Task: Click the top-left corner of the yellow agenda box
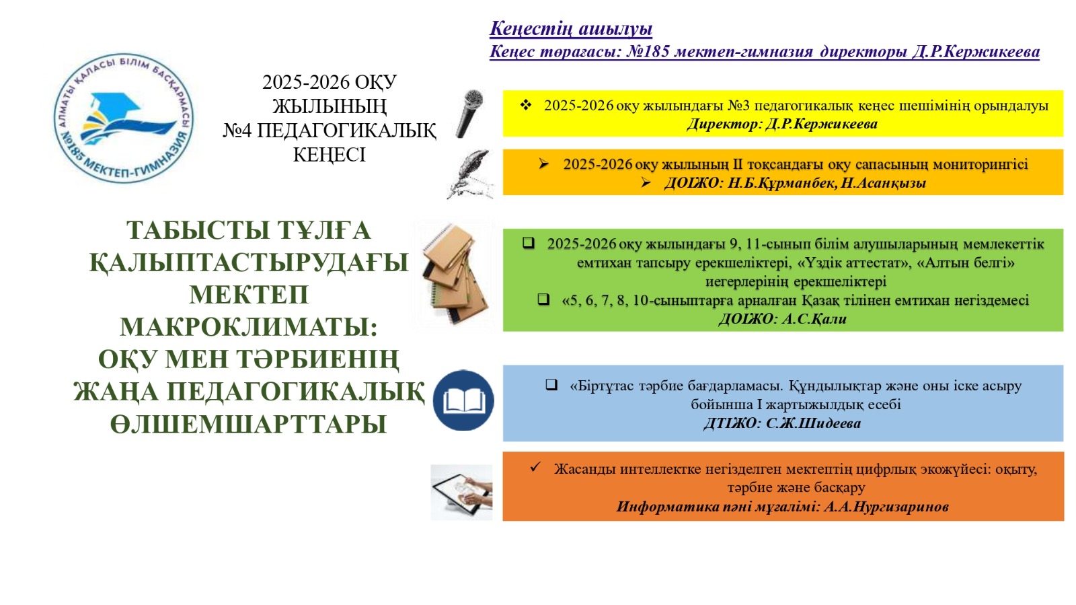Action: [x=503, y=90]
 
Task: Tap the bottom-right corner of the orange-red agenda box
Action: [x=1064, y=520]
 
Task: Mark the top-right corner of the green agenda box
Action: [x=1063, y=229]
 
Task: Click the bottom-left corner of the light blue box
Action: [x=503, y=441]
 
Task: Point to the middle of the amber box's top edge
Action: [x=783, y=149]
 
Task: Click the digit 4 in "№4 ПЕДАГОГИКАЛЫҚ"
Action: [x=246, y=131]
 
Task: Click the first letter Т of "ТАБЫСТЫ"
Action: [x=135, y=230]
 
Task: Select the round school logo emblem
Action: [x=124, y=118]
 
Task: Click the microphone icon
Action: [x=469, y=114]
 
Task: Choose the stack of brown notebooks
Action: [x=454, y=274]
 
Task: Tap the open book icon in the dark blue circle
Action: [x=463, y=400]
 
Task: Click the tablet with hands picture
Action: [x=461, y=492]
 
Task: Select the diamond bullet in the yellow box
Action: [x=525, y=105]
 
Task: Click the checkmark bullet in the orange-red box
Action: [x=535, y=466]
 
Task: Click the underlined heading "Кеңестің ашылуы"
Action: [x=571, y=29]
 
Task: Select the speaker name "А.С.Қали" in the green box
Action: [x=814, y=318]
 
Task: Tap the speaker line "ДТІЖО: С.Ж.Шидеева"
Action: [x=782, y=423]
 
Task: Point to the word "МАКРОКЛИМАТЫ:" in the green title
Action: [x=248, y=327]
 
